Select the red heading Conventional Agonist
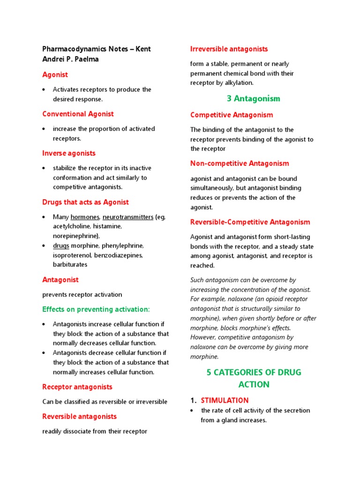(x=78, y=114)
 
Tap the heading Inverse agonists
(x=68, y=153)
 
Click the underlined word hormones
(x=85, y=217)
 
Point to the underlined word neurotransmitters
(x=128, y=217)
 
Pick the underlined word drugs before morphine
(x=61, y=246)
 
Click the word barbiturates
(x=70, y=265)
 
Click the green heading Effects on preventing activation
(x=96, y=309)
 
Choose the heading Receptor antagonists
(x=77, y=387)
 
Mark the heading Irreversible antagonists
(x=229, y=49)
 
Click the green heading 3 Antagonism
(x=253, y=98)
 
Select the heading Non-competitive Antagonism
(x=240, y=164)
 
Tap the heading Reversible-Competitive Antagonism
(x=250, y=222)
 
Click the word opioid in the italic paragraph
(x=274, y=299)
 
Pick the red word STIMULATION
(x=225, y=400)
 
